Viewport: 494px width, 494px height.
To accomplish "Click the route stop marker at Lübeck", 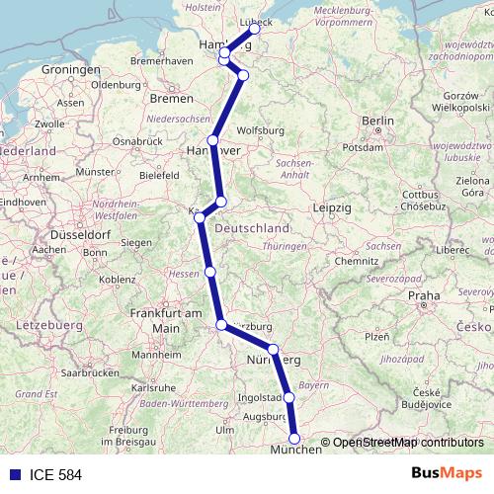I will (255, 29).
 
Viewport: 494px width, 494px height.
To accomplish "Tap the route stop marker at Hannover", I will (212, 140).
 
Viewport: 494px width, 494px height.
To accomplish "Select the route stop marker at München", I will (293, 438).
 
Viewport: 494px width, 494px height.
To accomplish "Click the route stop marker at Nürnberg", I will (273, 349).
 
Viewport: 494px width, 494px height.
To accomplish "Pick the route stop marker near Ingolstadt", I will (289, 397).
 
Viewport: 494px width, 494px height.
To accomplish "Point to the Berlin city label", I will (377, 121).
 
